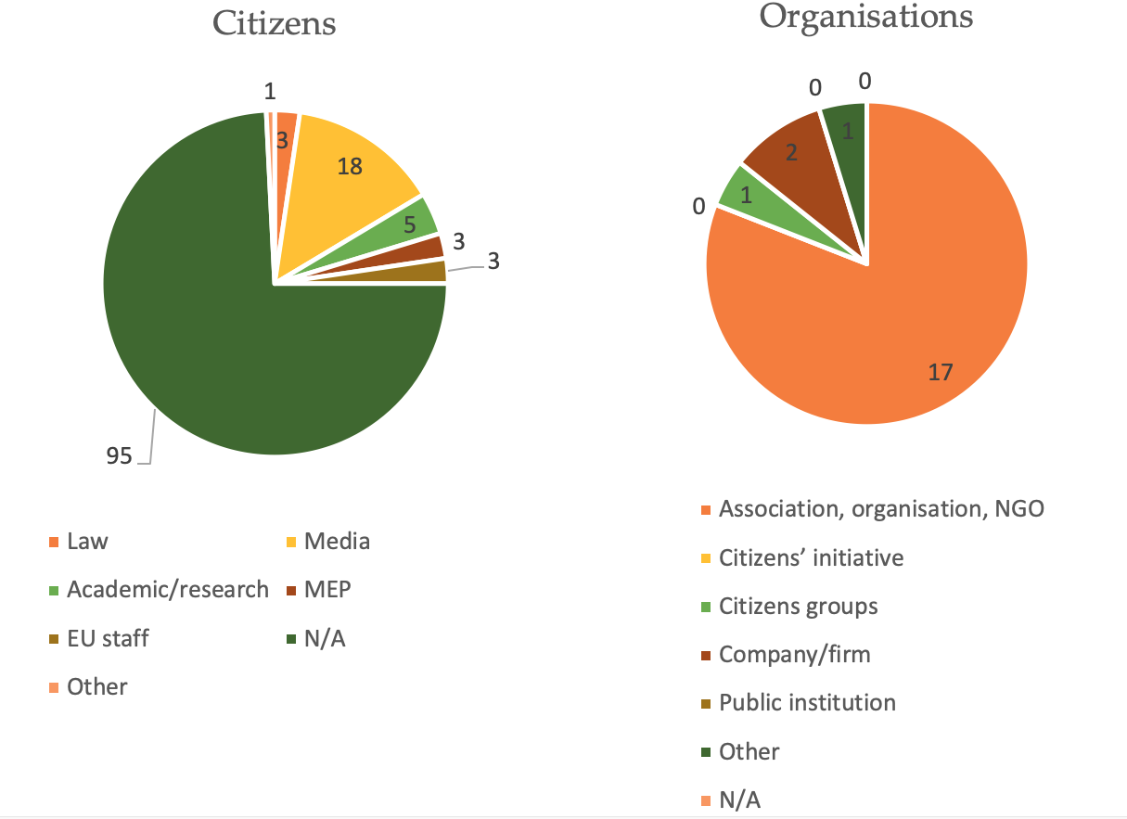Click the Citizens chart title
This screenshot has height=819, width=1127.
(274, 22)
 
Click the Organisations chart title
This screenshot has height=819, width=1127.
(865, 17)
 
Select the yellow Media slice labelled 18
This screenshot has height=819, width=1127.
(348, 176)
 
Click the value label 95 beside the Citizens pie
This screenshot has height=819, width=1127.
(120, 454)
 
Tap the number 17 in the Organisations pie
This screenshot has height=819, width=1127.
(941, 372)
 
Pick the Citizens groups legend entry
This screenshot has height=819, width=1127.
(798, 606)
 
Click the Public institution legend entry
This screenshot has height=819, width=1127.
(807, 702)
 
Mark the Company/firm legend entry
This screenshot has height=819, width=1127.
(795, 654)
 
